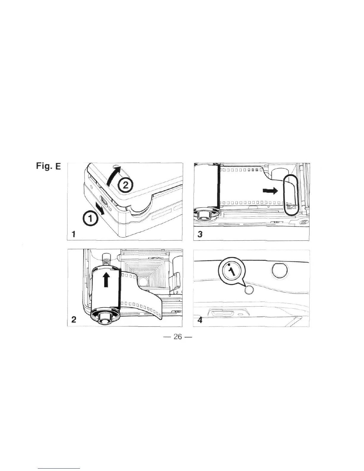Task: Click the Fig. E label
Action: [x=48, y=167]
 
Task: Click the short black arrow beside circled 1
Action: [x=100, y=208]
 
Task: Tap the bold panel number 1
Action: [x=74, y=234]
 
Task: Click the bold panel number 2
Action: [x=74, y=319]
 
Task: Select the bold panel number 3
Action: [x=200, y=234]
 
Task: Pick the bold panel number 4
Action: [x=200, y=320]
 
